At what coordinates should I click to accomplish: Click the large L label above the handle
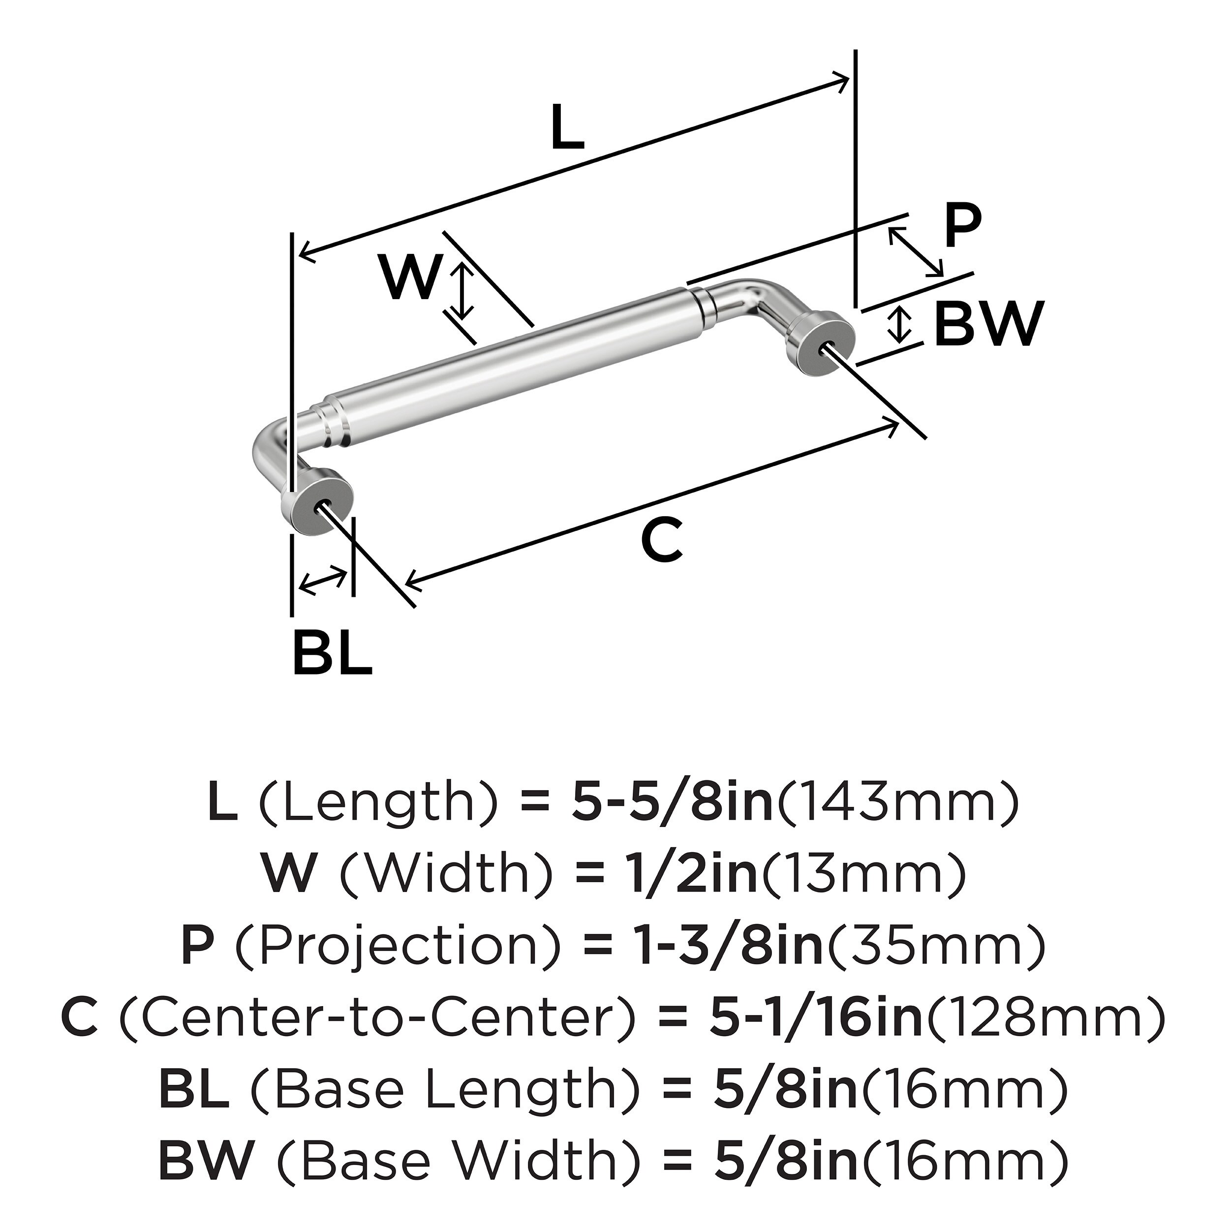(567, 128)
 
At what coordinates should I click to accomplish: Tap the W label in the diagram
(411, 277)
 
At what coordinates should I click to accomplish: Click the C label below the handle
(662, 541)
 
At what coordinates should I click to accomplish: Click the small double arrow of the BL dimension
(323, 581)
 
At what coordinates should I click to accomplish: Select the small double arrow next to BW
(898, 324)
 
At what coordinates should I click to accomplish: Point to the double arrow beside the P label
(916, 252)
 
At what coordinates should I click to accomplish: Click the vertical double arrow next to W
(463, 292)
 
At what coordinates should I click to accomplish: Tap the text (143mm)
(898, 803)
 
